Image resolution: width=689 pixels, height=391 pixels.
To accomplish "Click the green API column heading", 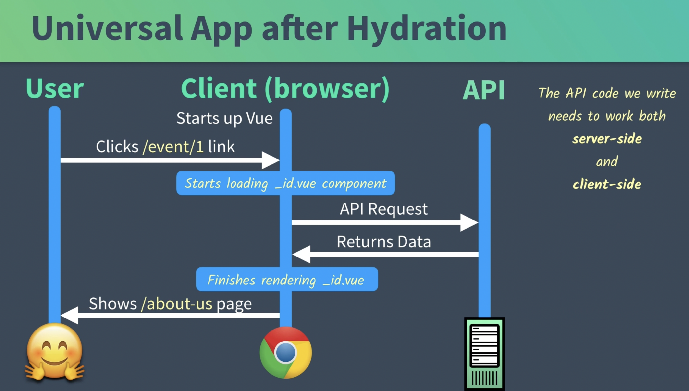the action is point(484,90).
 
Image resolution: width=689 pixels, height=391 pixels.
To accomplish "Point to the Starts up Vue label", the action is point(224,118).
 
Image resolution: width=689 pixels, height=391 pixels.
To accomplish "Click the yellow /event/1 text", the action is point(173,147).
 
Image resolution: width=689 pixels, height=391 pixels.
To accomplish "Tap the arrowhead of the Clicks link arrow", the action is point(271,160).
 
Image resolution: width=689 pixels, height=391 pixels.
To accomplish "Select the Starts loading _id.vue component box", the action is point(285,183).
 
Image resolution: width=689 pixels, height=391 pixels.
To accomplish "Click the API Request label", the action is point(383,209).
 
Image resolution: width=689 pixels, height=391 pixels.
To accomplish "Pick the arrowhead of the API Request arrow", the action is point(469,222).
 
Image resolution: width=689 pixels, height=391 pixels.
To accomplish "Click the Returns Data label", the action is point(384,242).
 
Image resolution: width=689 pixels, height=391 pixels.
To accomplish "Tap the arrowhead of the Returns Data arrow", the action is point(301,254).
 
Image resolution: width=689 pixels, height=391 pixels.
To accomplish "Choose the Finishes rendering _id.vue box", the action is point(287,279).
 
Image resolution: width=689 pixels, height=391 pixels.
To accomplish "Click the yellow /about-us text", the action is point(177,304).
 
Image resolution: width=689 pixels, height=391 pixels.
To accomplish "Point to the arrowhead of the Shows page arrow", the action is point(69,315).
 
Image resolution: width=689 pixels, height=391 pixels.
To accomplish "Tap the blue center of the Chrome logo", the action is point(286,352).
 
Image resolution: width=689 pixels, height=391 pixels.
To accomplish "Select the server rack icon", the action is point(484,354).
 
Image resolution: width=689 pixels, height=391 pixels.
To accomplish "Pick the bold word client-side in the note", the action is point(607,184).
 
